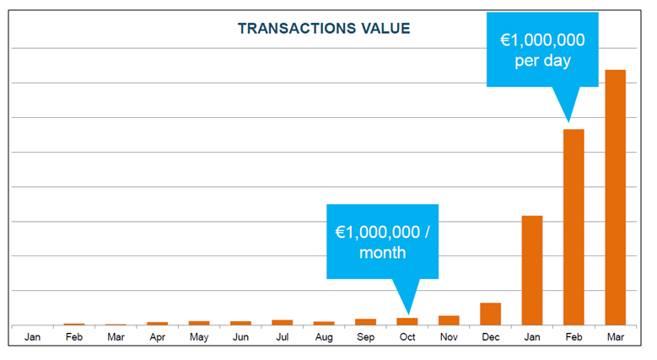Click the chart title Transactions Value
(x=324, y=29)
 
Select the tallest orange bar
(x=616, y=197)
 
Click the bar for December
(x=491, y=314)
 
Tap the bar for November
(x=449, y=320)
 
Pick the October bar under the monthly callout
(x=407, y=321)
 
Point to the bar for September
(x=366, y=322)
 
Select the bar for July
(x=283, y=322)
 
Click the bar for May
(x=199, y=323)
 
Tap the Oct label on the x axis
(x=407, y=337)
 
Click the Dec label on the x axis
(x=491, y=337)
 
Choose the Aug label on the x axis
(x=324, y=337)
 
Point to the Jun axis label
(x=240, y=337)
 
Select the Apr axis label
(x=158, y=337)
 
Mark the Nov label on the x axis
(x=449, y=337)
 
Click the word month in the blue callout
(x=382, y=253)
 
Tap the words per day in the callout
(x=543, y=62)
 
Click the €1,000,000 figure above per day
(x=543, y=40)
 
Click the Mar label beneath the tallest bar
(x=616, y=337)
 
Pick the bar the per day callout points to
(x=574, y=227)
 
